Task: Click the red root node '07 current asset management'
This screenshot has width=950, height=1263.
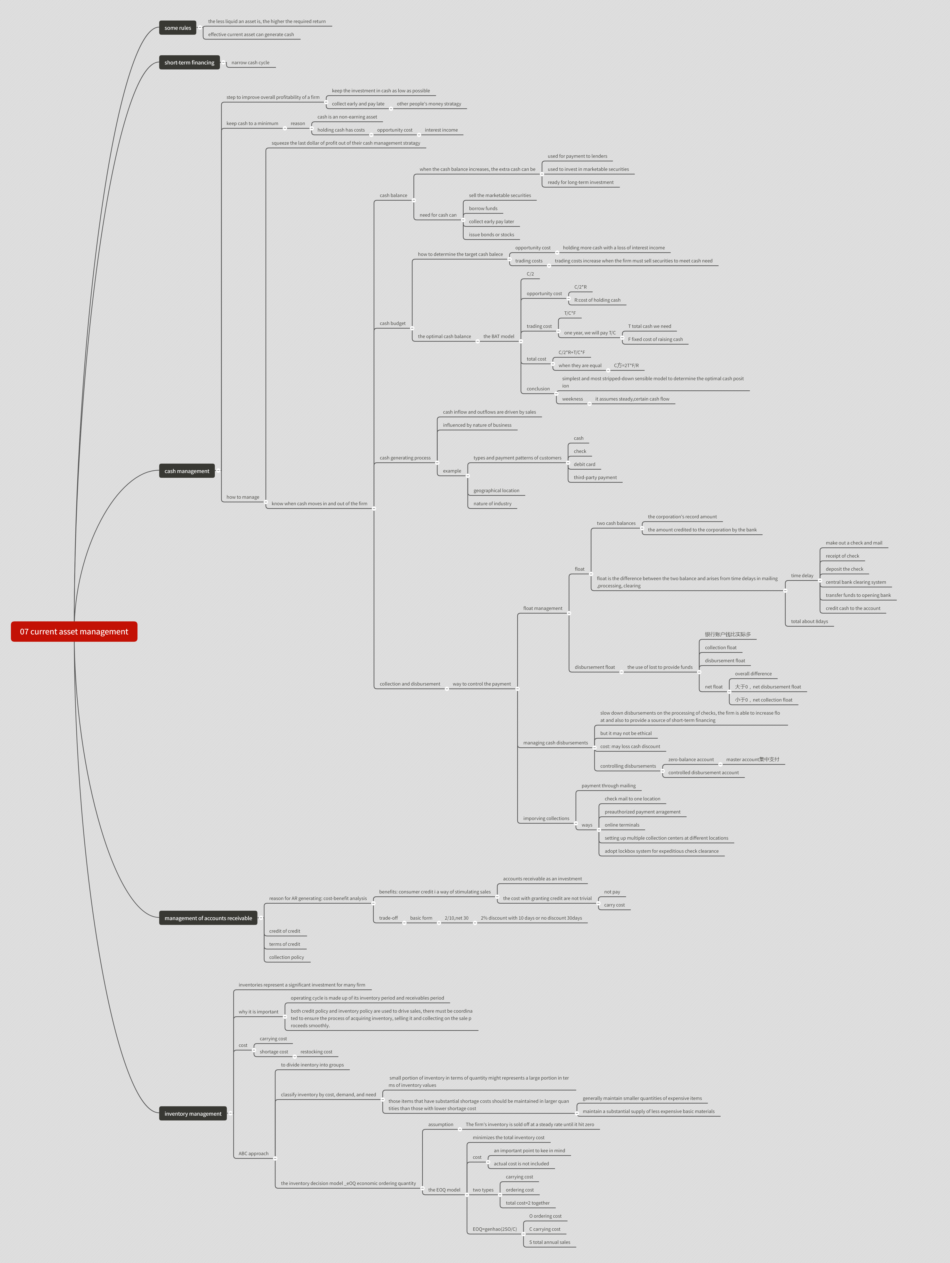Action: (74, 631)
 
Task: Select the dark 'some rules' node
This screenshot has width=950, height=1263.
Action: (178, 28)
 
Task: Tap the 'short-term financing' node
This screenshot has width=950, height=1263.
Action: (189, 63)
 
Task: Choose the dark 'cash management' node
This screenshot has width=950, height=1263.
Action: (187, 471)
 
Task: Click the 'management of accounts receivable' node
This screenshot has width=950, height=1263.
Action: (208, 918)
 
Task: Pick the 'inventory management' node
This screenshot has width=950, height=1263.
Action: (193, 1113)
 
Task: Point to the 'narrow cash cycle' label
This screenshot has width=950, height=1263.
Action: (250, 63)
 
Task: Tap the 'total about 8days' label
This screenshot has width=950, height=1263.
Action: (809, 621)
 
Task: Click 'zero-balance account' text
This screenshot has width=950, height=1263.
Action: (691, 759)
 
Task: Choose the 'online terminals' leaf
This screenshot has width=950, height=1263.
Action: (621, 825)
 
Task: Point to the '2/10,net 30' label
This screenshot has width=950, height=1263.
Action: (456, 918)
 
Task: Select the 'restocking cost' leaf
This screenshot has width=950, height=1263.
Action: (316, 1052)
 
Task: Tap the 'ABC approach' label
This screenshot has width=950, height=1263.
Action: (253, 1153)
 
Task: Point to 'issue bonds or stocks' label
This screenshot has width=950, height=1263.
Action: (491, 235)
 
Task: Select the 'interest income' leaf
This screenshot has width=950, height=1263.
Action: (441, 130)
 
